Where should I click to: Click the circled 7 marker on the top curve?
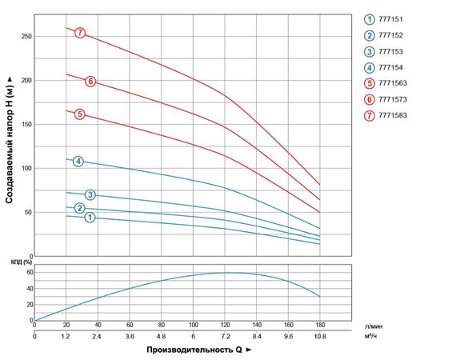click(80, 33)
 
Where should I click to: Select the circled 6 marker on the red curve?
click(90, 81)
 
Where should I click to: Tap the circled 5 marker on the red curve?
click(80, 114)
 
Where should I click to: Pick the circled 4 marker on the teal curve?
click(78, 162)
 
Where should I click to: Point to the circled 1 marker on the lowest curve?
click(90, 217)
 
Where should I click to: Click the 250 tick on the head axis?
click(26, 36)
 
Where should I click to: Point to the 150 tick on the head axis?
click(26, 124)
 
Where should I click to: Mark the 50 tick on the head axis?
click(27, 212)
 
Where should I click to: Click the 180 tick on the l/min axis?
click(320, 325)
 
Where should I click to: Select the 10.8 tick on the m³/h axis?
click(320, 337)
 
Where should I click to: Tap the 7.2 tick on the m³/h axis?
click(225, 337)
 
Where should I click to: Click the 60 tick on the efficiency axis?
click(28, 272)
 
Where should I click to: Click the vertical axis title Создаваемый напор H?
click(10, 140)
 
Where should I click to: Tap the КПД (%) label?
click(21, 262)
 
